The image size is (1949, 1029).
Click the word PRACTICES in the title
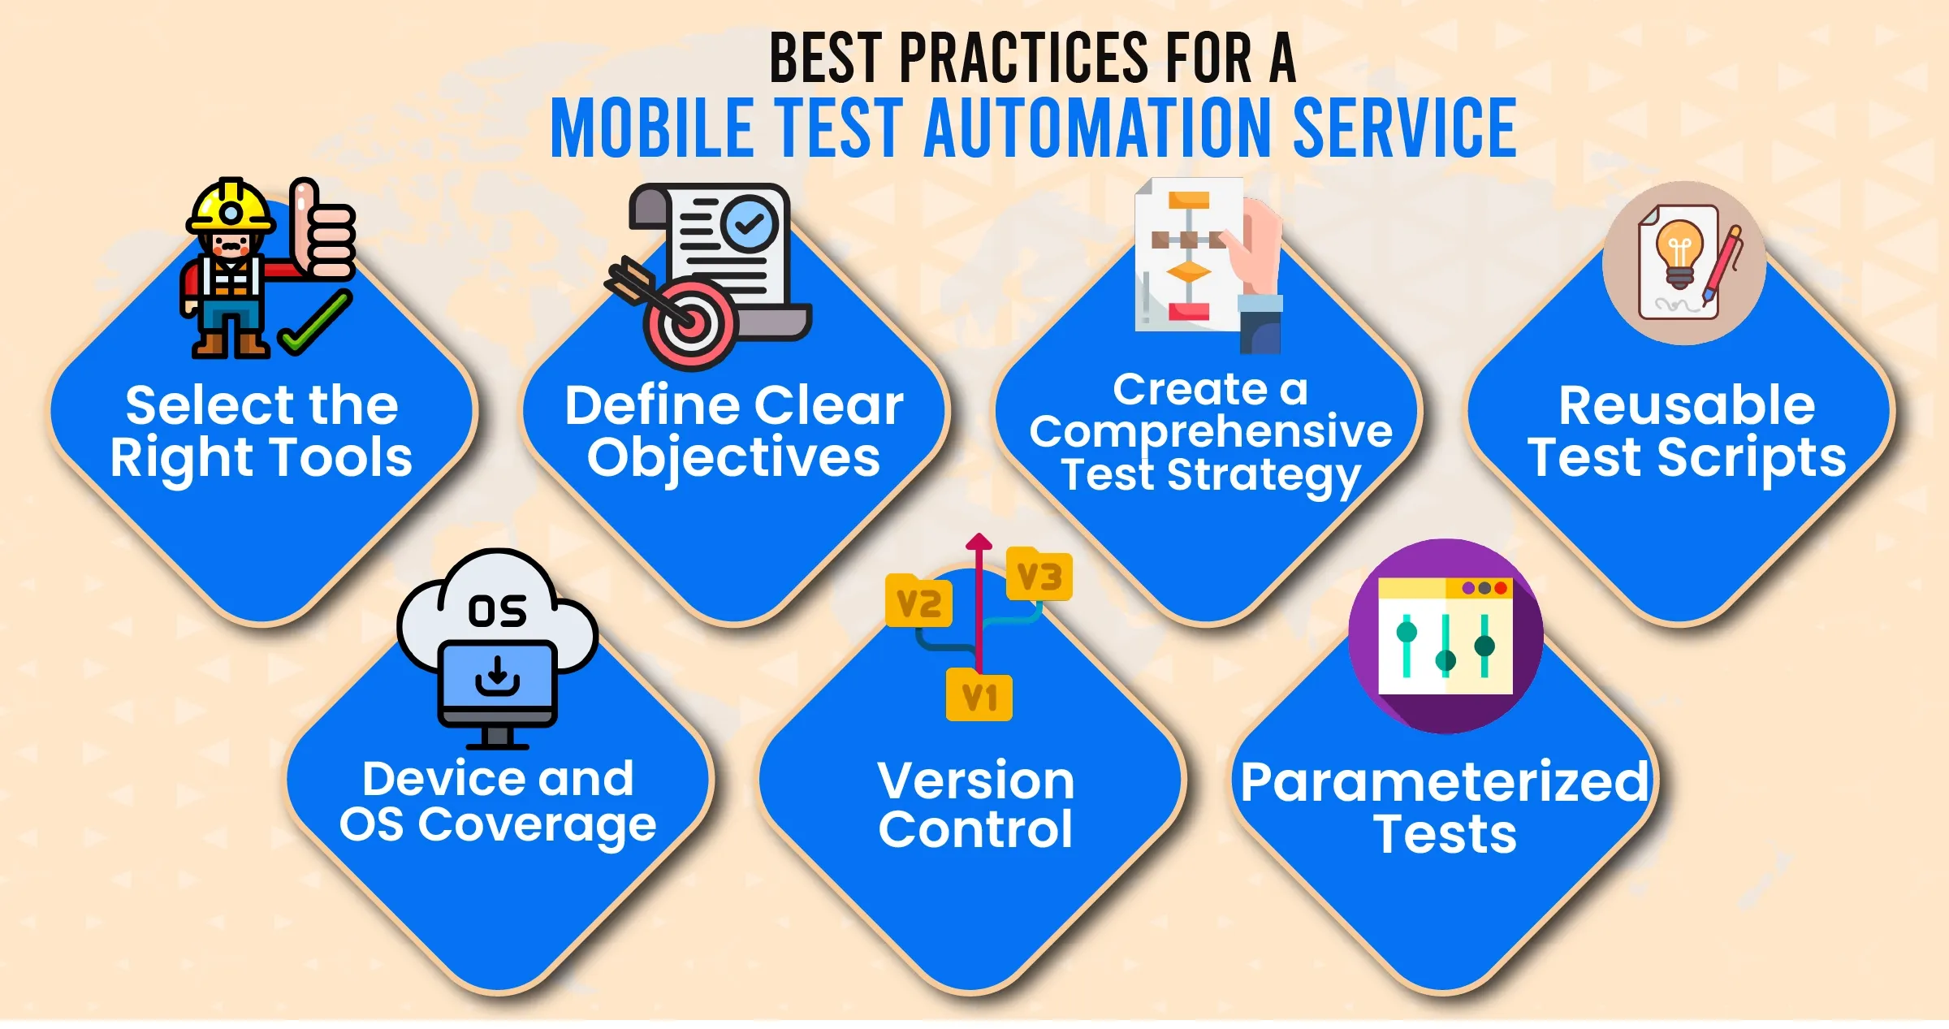tap(1023, 58)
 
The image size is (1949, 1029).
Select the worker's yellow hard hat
tap(230, 205)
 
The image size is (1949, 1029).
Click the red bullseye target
tap(690, 323)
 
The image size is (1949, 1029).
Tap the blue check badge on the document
tap(750, 223)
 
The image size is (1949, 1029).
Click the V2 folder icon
tap(918, 601)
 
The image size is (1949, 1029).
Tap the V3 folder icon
tap(1039, 574)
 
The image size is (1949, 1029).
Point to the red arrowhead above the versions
tap(979, 542)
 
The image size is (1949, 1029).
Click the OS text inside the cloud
tap(497, 611)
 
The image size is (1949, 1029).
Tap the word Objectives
tap(733, 459)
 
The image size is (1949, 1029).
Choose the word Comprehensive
tap(1211, 432)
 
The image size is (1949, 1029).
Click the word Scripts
tap(1752, 459)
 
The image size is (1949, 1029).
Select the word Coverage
tap(537, 827)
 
